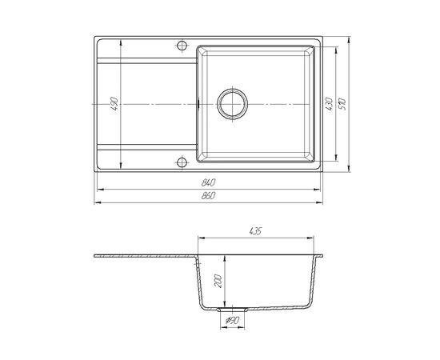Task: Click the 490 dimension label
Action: (x=114, y=103)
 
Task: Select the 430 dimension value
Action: (x=329, y=103)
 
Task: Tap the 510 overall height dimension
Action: (x=342, y=104)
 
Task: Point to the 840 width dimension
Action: (x=208, y=182)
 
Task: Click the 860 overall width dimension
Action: (x=208, y=195)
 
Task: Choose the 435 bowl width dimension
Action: (x=255, y=231)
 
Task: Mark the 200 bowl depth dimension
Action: (x=218, y=281)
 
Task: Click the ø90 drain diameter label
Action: (x=232, y=320)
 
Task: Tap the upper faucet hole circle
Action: (x=182, y=46)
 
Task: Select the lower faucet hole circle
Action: (x=182, y=162)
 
